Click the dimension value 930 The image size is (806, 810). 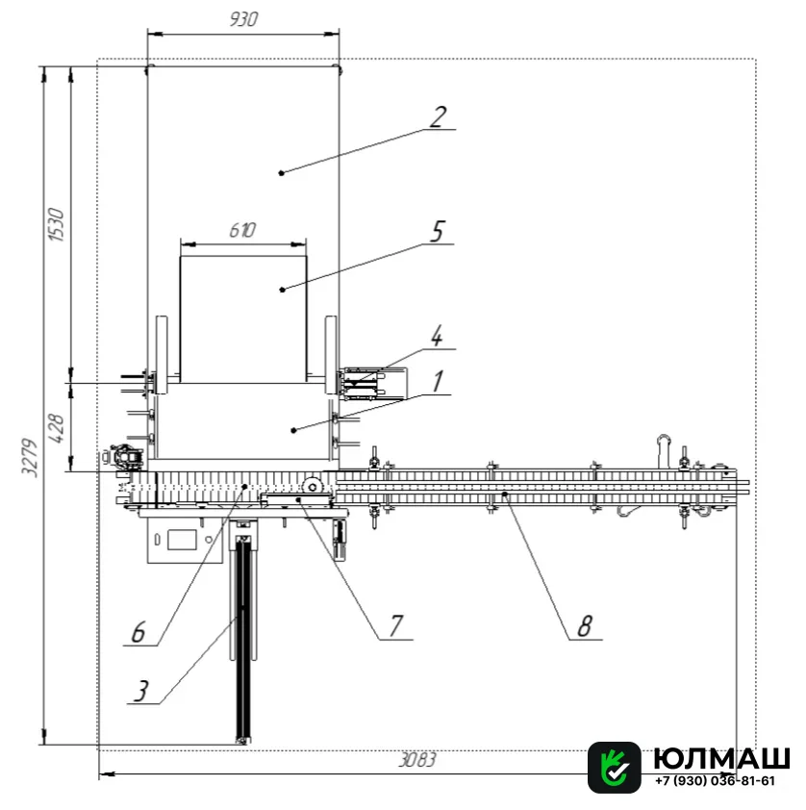(x=243, y=19)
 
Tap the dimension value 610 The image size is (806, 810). (x=242, y=230)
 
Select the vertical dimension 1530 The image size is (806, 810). (x=56, y=224)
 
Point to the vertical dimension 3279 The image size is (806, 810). (x=29, y=458)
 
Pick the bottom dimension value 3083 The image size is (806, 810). (x=417, y=760)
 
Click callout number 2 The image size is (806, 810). (x=438, y=117)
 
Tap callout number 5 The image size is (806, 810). (x=438, y=232)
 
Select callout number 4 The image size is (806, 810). (x=437, y=337)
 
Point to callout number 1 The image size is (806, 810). (x=438, y=382)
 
